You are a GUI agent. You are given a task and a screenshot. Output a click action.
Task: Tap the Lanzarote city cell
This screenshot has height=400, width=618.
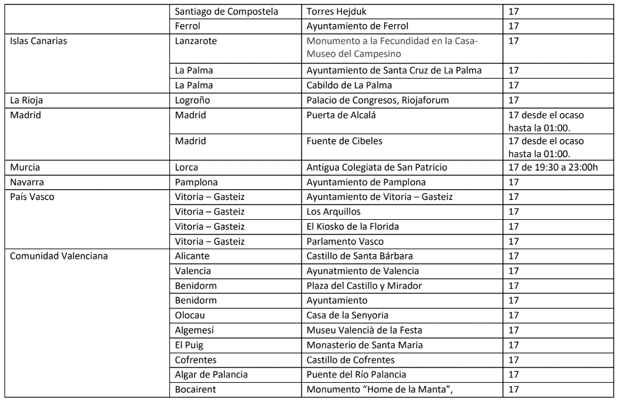(196, 41)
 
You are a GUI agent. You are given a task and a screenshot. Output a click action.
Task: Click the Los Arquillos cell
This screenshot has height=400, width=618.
(334, 212)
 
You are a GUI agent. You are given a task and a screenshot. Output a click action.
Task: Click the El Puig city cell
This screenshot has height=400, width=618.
(190, 345)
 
